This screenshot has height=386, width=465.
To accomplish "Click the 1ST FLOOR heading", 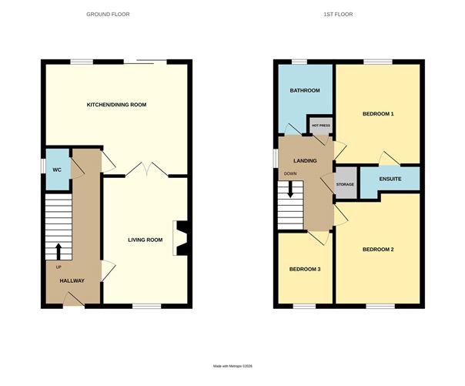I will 347,15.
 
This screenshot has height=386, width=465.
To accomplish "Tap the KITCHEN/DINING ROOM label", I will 116,104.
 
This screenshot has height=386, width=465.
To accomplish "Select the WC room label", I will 56,170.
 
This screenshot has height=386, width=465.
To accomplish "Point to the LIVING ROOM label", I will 146,240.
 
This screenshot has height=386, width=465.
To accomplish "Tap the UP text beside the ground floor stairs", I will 58,266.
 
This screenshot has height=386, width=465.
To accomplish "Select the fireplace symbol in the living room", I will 182,237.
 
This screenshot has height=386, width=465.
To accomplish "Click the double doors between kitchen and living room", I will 144,170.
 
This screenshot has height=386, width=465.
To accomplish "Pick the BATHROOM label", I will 305,91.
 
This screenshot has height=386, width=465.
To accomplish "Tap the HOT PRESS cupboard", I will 320,125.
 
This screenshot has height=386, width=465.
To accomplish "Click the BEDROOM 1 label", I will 378,114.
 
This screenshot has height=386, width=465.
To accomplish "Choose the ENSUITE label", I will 390,179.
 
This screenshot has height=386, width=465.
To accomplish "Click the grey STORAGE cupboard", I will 345,184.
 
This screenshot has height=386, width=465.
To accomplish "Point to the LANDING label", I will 306,160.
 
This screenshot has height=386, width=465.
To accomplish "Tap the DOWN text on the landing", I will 289,173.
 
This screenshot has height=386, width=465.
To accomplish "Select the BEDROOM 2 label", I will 378,250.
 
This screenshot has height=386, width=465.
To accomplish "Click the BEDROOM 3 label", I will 305,269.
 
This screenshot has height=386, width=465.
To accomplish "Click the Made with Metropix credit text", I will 232,366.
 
